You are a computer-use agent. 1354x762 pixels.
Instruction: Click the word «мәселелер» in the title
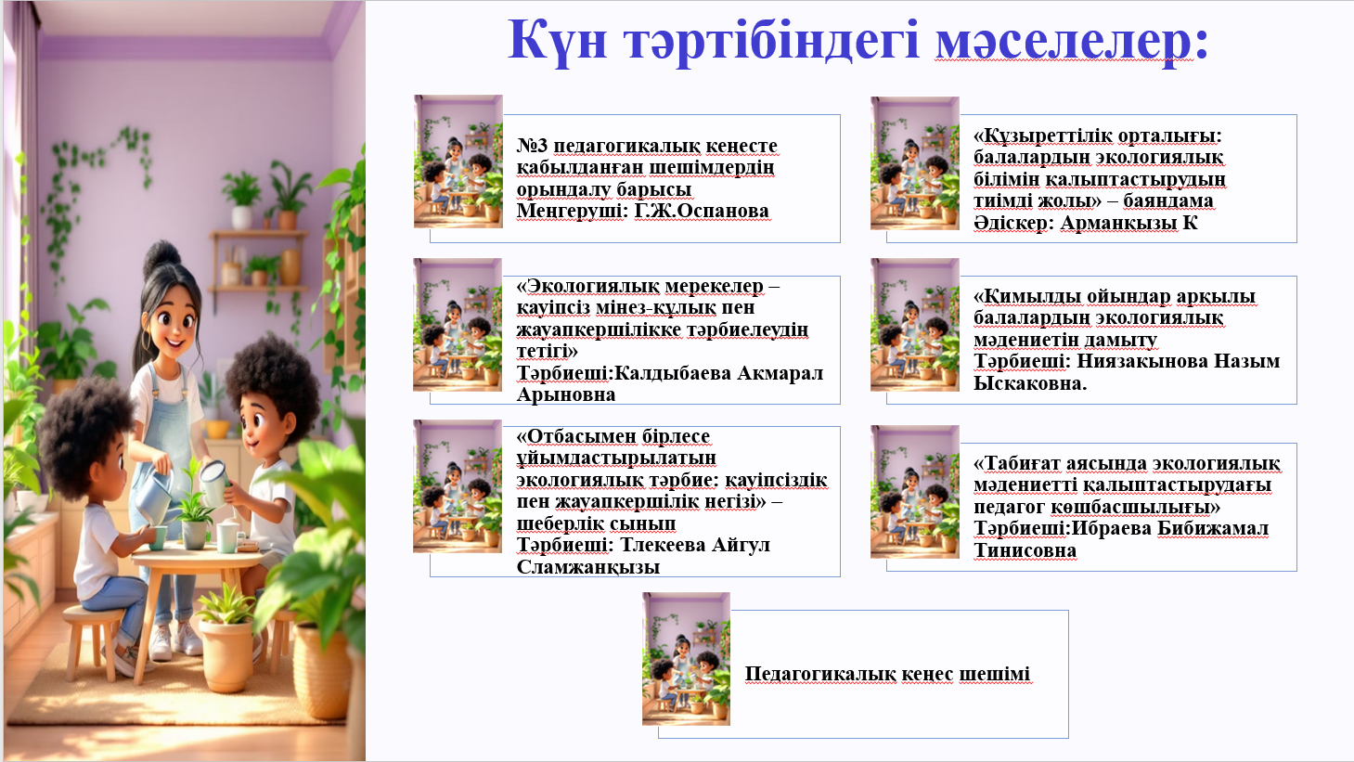pyautogui.click(x=1071, y=40)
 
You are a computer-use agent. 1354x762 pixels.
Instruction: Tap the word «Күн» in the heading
pyautogui.click(x=557, y=40)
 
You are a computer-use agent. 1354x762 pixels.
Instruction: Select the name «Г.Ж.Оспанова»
pyautogui.click(x=702, y=211)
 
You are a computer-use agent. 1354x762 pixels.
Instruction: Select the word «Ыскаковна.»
pyautogui.click(x=1030, y=382)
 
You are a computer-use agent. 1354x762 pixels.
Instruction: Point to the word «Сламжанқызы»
pyautogui.click(x=587, y=567)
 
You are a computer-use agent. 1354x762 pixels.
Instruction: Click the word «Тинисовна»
pyautogui.click(x=1025, y=550)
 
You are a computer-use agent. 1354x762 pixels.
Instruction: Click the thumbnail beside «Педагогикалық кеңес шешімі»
pyautogui.click(x=686, y=659)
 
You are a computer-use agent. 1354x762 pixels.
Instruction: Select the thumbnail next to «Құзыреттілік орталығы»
pyautogui.click(x=914, y=163)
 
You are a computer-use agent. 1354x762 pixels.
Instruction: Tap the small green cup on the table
pyautogui.click(x=158, y=537)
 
